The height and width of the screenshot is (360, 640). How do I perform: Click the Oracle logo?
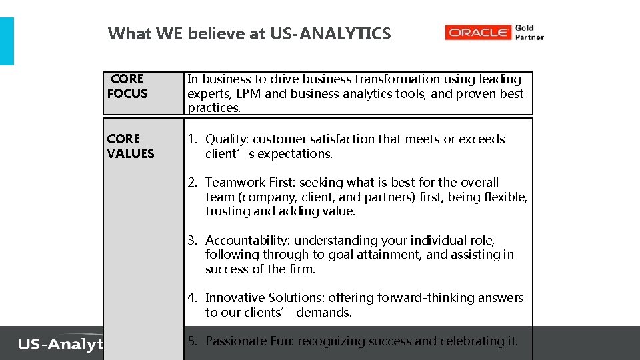(478, 33)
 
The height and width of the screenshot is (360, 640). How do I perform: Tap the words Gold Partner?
(529, 33)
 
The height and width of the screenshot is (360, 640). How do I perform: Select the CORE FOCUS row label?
(127, 87)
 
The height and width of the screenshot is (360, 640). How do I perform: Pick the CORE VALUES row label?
(131, 146)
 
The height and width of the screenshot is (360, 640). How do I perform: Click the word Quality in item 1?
(226, 139)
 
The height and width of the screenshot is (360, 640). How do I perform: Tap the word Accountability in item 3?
(247, 241)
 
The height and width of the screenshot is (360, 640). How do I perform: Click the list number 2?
(191, 183)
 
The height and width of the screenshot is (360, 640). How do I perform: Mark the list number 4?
(191, 298)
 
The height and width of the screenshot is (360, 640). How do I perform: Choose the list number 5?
(191, 341)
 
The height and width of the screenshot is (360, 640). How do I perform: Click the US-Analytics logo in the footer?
(60, 344)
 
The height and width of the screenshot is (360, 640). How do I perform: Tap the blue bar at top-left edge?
(7, 41)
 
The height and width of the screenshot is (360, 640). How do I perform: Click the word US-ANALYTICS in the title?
(331, 33)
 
